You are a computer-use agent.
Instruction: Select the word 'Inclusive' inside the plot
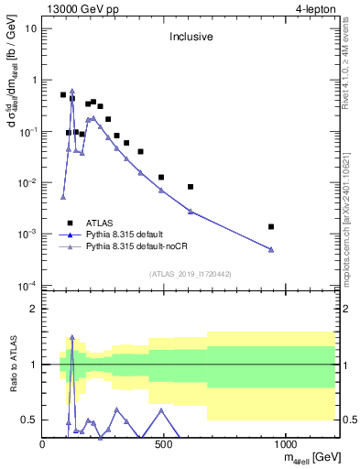(190, 38)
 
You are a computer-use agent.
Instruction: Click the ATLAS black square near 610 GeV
(191, 187)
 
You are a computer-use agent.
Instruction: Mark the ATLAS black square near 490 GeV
(161, 177)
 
